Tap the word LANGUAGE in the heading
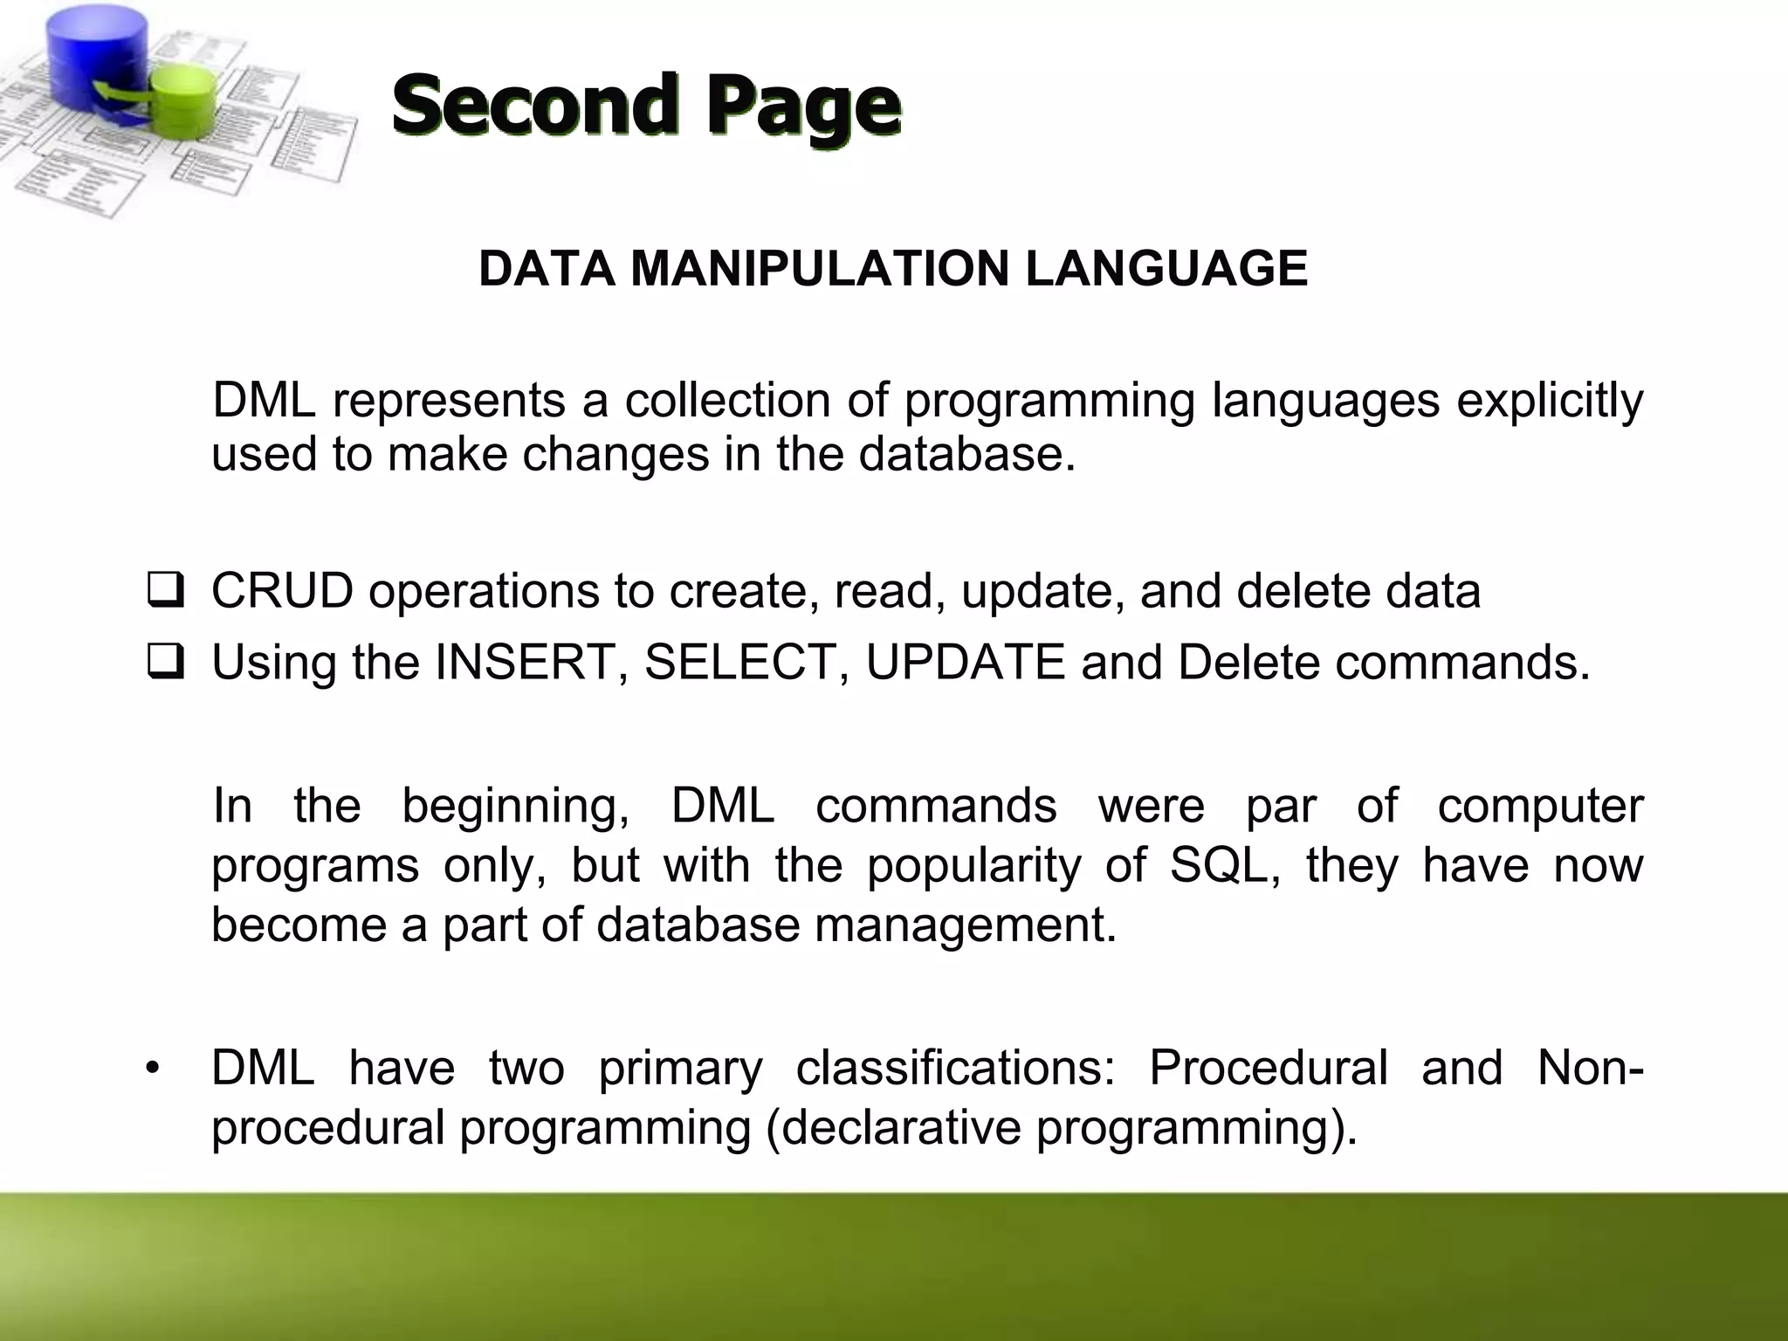pos(1166,268)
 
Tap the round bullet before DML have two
pos(154,1069)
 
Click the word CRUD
pos(282,591)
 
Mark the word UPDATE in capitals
pos(965,662)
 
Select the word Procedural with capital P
pos(1268,1068)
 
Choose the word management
pos(965,925)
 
